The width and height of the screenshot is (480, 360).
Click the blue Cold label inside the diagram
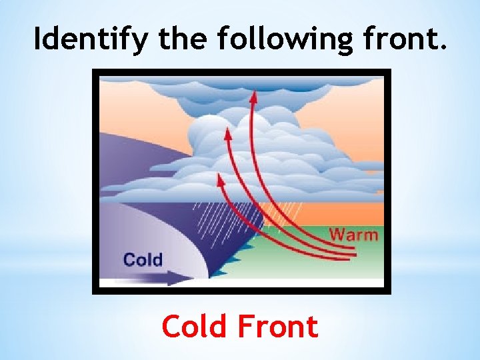143,259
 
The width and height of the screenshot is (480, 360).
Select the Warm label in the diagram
353,235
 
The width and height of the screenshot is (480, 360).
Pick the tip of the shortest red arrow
218,177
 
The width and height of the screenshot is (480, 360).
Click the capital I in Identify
39,40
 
